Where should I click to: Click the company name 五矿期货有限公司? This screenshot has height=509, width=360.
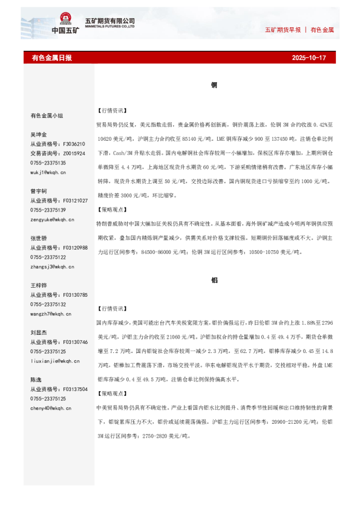pos(114,21)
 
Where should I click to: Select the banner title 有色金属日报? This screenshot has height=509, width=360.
pos(51,58)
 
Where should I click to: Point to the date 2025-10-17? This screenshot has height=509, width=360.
pos(309,58)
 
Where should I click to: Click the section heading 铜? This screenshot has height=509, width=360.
pos(214,85)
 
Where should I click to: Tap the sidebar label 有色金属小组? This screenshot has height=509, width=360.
pos(47,115)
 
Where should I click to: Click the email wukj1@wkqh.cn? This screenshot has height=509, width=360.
pos(48,172)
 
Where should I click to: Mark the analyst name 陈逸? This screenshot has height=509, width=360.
pos(36,380)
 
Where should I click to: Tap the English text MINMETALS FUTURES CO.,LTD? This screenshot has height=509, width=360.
pos(114,27)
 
